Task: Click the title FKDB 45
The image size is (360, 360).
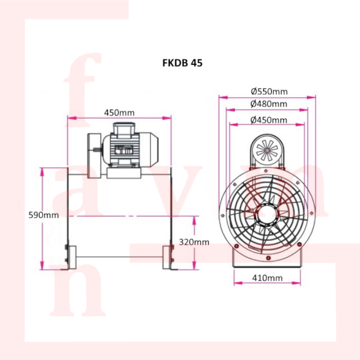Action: [182, 63]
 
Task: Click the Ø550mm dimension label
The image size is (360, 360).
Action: [269, 92]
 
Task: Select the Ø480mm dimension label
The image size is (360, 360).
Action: [269, 104]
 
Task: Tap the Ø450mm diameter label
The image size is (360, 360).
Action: [269, 120]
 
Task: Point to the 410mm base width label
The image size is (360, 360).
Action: [267, 278]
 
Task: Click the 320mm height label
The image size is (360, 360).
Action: [194, 242]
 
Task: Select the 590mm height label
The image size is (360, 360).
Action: [44, 215]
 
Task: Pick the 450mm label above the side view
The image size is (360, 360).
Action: [119, 113]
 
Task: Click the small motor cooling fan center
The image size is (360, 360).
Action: [266, 150]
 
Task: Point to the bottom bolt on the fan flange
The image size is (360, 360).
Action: [268, 258]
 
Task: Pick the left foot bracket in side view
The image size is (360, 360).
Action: [68, 257]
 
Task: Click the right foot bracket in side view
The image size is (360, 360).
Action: [170, 257]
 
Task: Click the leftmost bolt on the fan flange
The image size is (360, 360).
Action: [222, 216]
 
